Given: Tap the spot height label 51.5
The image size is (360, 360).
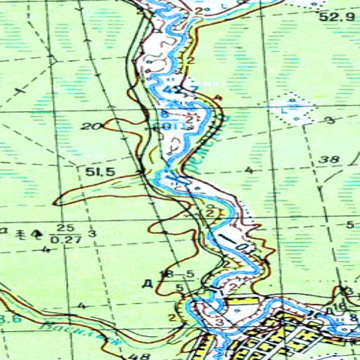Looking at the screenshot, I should click(99, 171).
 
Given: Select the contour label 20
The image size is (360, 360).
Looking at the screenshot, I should click(89, 127).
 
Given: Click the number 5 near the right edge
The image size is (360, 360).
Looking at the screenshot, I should click(349, 224).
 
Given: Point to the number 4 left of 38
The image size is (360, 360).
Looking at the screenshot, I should click(249, 171).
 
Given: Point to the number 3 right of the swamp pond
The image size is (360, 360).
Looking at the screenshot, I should click(330, 121).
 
